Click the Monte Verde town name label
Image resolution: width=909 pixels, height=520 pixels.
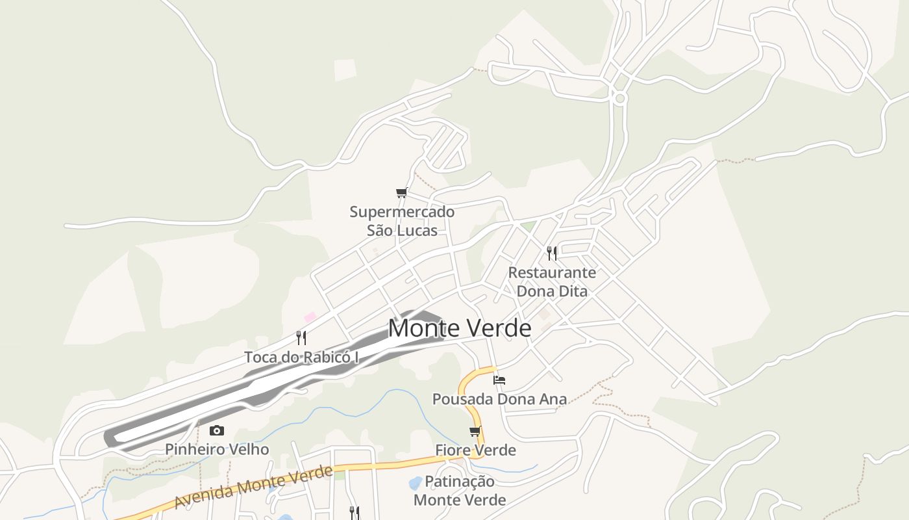tap(459, 328)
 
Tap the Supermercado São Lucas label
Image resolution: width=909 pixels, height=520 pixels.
tap(402, 221)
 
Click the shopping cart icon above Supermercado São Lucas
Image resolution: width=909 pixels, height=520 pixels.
tap(401, 192)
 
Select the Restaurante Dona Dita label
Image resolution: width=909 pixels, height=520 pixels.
tap(552, 281)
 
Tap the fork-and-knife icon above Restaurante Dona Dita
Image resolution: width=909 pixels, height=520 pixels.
tap(551, 253)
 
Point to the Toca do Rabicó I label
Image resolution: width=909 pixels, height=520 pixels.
tap(301, 357)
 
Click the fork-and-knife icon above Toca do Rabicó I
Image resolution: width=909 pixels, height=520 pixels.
tap(301, 337)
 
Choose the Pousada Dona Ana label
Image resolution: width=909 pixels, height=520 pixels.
tap(499, 398)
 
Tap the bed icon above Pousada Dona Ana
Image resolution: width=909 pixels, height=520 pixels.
tap(499, 380)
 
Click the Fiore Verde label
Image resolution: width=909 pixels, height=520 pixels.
tap(475, 450)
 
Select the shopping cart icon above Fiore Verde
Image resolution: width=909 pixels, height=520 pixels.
tap(475, 431)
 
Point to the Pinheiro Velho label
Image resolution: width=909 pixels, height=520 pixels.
tap(217, 449)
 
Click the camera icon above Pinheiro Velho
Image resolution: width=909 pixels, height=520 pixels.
tap(217, 430)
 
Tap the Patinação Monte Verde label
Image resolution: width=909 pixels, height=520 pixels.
tap(460, 491)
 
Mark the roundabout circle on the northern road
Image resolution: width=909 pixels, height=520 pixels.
tap(619, 98)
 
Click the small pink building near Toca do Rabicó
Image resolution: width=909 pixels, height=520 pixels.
tap(310, 317)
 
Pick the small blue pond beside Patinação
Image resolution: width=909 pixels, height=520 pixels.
tap(414, 483)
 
